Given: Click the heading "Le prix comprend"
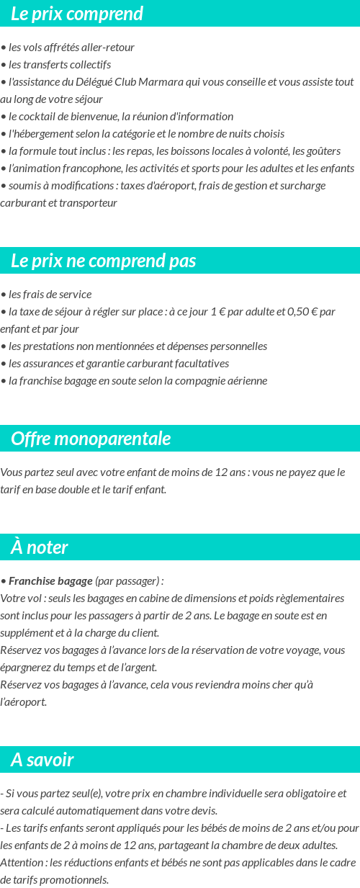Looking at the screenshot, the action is point(77,14).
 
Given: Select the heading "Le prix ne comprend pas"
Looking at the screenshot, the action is point(104,261).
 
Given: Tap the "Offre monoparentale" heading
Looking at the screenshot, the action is point(91,439).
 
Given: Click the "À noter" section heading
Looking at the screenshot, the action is point(40,547).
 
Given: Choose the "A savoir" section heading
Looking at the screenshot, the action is point(42,760).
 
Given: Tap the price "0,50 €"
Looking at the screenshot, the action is point(303,312).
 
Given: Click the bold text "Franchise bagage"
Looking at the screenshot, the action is point(50,581).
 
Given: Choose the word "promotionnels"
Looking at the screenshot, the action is point(76,879).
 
